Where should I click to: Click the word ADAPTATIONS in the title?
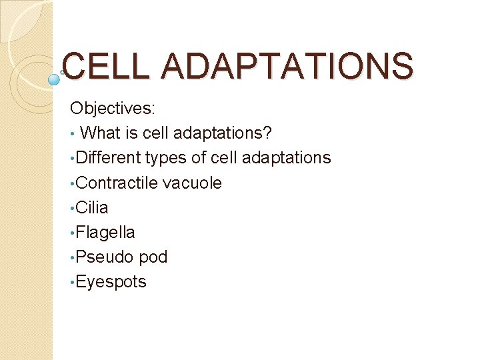(287, 67)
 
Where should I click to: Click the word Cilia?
(92, 207)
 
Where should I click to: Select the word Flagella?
(105, 232)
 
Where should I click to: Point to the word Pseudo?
(104, 257)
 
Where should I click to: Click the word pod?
(153, 257)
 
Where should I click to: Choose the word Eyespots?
(111, 282)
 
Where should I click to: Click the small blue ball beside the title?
(55, 79)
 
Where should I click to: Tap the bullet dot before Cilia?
(73, 209)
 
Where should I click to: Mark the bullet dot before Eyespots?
(73, 283)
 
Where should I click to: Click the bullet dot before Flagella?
(73, 233)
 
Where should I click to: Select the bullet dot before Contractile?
(73, 184)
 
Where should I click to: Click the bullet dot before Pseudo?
(73, 258)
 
